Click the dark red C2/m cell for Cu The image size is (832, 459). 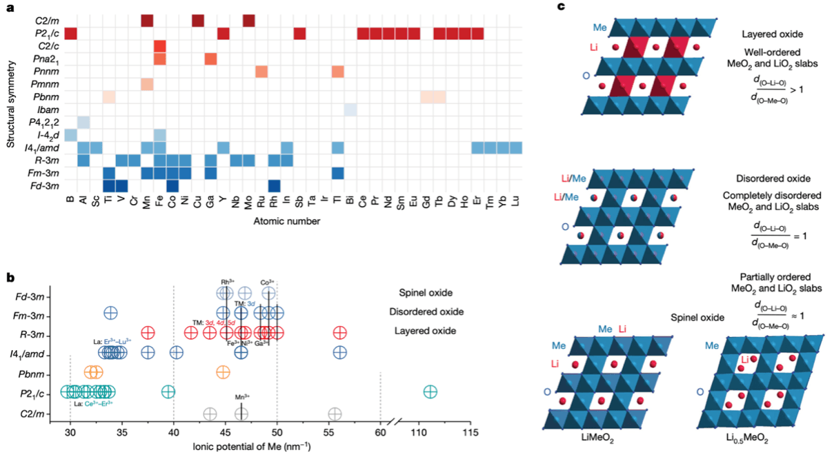(198, 21)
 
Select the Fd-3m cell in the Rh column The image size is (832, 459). (274, 185)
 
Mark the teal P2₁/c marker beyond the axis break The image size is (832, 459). (430, 391)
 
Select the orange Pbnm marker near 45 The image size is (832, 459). (223, 372)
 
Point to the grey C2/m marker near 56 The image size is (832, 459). (335, 414)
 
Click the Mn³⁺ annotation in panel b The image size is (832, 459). (241, 398)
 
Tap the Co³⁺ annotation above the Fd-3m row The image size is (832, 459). (268, 281)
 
